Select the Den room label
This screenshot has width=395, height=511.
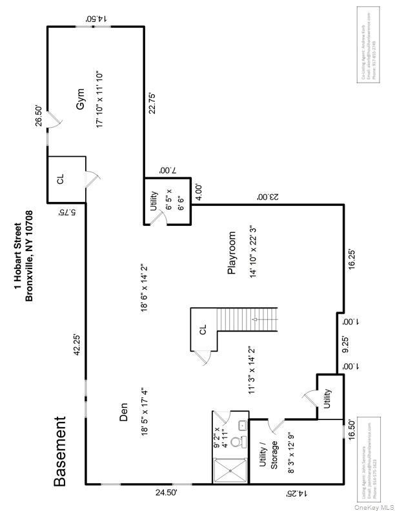[x=123, y=411]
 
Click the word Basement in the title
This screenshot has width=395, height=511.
[x=59, y=451]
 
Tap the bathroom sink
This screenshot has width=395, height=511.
[x=241, y=424]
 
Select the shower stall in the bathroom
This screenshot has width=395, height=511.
[x=230, y=470]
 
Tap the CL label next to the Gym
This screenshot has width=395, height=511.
[x=61, y=179]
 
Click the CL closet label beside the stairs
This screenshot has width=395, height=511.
[x=202, y=329]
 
